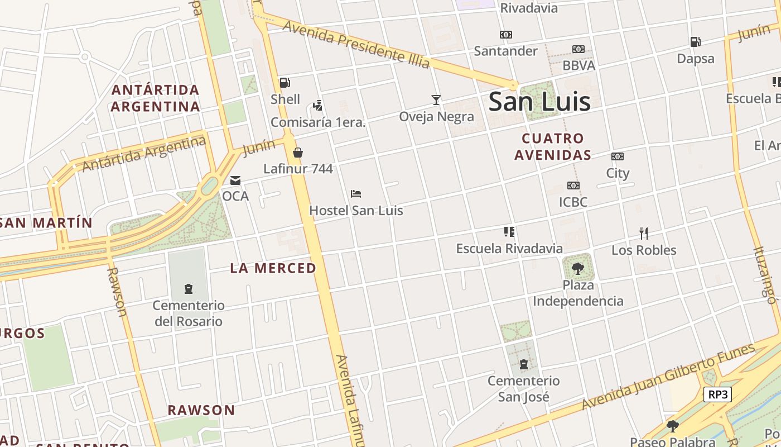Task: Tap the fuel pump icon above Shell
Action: click(285, 83)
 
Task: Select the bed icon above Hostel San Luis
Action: click(356, 194)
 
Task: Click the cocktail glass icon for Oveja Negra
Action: click(436, 100)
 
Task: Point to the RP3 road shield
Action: click(717, 394)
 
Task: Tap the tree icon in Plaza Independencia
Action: click(578, 268)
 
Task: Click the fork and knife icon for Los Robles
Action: click(643, 233)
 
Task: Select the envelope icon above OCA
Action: click(235, 180)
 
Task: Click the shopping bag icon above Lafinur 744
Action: click(298, 153)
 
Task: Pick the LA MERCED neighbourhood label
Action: click(273, 268)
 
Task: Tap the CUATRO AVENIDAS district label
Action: click(552, 146)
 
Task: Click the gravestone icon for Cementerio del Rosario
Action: click(189, 289)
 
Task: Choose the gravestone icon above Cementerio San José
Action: click(523, 365)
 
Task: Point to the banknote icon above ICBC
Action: click(573, 186)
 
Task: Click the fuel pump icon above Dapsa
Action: click(695, 41)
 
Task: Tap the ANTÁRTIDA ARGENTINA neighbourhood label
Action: click(155, 98)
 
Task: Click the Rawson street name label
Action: click(116, 291)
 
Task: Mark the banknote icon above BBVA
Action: click(578, 49)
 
